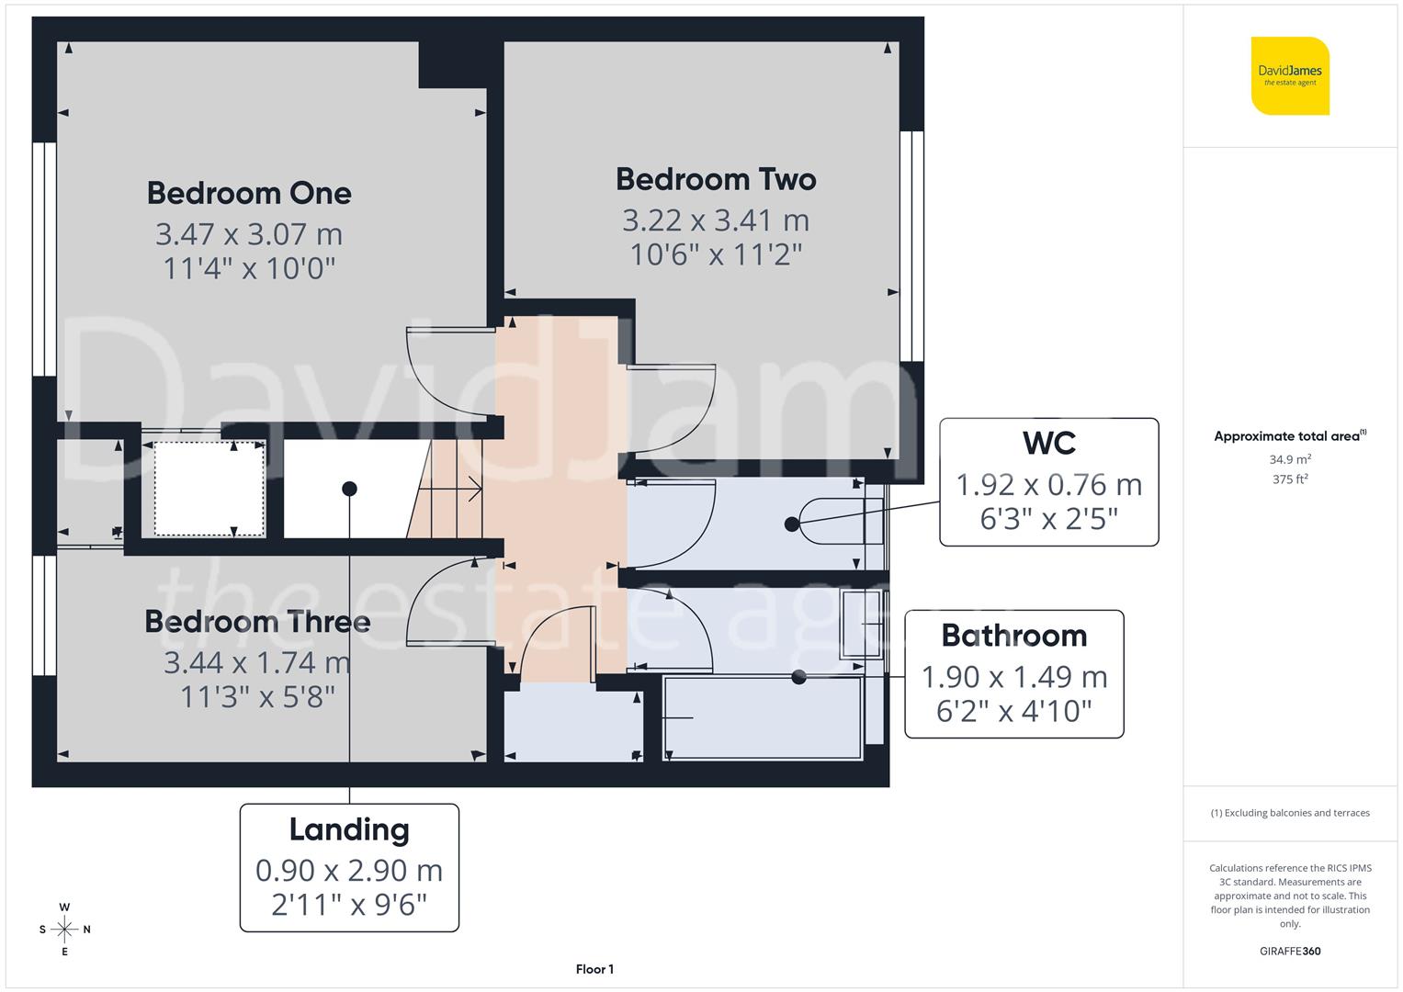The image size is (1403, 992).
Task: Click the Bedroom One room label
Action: [x=249, y=193]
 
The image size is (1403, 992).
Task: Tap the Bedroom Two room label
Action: [x=716, y=179]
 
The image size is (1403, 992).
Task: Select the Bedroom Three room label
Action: [x=257, y=622]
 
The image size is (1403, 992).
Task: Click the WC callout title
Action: [x=1048, y=443]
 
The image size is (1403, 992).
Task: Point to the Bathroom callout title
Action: [x=1013, y=636]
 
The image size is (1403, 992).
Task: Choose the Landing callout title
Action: [x=349, y=829]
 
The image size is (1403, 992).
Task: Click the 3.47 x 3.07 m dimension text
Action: [x=249, y=234]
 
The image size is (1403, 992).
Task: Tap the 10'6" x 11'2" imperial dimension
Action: [x=716, y=254]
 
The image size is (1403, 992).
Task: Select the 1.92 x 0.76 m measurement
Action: [x=1048, y=484]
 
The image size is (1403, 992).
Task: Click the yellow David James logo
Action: [x=1290, y=76]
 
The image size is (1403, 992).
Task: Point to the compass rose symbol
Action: [x=64, y=930]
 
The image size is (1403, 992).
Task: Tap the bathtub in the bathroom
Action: [x=763, y=718]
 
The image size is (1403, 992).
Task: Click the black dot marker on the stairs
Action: [x=349, y=489]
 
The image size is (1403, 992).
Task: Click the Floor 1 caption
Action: [x=594, y=969]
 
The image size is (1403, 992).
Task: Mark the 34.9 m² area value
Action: [x=1290, y=459]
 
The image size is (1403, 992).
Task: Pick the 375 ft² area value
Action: [x=1290, y=479]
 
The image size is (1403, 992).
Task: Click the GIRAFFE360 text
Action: [x=1290, y=951]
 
